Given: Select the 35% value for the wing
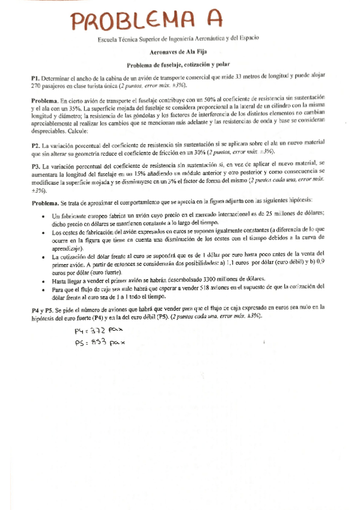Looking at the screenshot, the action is pyautogui.click(x=73, y=106).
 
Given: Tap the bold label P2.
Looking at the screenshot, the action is pyautogui.click(x=36, y=145).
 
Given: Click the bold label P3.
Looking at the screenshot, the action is pyautogui.click(x=36, y=164).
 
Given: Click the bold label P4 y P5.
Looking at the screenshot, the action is pyautogui.click(x=44, y=307).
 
